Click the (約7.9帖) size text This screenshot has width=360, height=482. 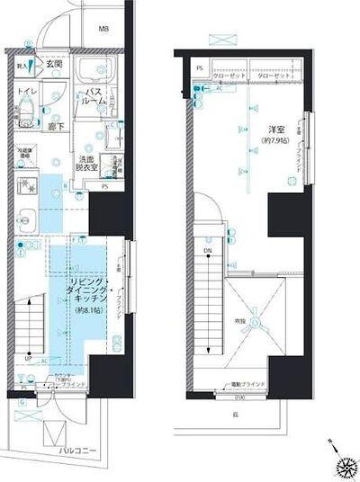(x=273, y=141)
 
